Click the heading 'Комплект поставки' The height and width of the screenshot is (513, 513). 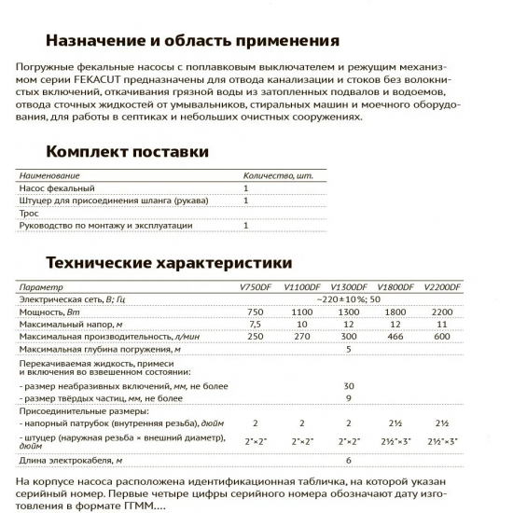(x=127, y=152)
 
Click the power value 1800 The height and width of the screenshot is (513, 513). (x=395, y=311)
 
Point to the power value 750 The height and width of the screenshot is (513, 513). (x=256, y=311)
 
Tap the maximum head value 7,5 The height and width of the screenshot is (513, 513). (x=256, y=323)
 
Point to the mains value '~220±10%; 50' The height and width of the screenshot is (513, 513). (x=348, y=298)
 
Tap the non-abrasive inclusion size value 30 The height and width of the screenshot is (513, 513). (x=348, y=385)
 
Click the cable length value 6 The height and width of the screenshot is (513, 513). (x=348, y=460)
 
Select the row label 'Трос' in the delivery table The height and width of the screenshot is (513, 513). (x=29, y=213)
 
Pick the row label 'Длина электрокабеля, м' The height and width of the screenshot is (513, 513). (x=70, y=460)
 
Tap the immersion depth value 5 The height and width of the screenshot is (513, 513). (x=348, y=348)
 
